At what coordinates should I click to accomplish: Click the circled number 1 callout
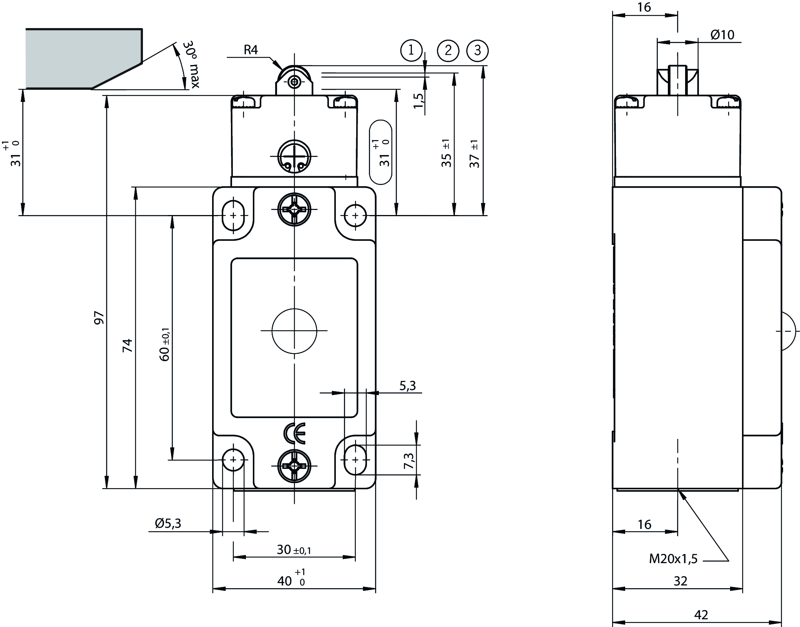(411, 50)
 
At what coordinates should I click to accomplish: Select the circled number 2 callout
(448, 50)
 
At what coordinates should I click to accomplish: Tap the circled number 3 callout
(477, 50)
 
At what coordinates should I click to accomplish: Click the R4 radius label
(251, 50)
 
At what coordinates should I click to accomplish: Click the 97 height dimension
(99, 318)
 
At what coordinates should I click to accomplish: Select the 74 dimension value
(127, 345)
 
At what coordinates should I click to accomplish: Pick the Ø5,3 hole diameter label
(168, 523)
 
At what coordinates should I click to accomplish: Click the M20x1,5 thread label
(673, 559)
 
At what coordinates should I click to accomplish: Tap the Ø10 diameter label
(722, 35)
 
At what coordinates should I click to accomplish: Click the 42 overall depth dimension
(701, 615)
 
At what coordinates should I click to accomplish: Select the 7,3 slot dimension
(410, 460)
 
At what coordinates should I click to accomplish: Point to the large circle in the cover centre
(294, 330)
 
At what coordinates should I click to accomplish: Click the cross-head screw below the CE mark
(294, 466)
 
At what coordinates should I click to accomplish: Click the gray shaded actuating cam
(77, 58)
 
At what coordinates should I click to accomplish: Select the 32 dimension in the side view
(680, 581)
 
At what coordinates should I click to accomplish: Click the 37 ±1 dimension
(475, 154)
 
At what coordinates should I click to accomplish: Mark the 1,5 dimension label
(419, 101)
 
